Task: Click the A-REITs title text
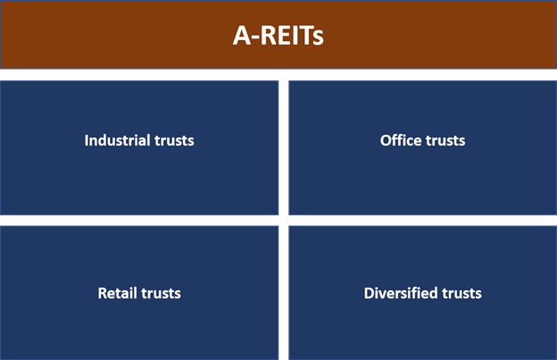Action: click(x=278, y=36)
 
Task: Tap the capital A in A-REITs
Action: click(x=242, y=36)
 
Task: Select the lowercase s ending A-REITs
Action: click(x=319, y=38)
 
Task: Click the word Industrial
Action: click(x=117, y=140)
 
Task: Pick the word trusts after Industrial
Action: click(x=174, y=141)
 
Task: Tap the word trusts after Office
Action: click(x=445, y=141)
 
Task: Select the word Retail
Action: click(x=117, y=293)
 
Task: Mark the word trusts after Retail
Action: click(x=161, y=294)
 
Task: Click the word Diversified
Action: click(x=400, y=293)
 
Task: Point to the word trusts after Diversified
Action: click(x=461, y=294)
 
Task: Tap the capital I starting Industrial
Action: click(x=87, y=140)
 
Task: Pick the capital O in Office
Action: click(x=387, y=140)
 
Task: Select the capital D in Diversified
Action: click(x=370, y=293)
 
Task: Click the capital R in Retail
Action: click(x=103, y=293)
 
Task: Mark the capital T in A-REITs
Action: click(x=305, y=35)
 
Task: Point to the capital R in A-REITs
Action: click(x=270, y=35)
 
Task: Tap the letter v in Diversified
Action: click(x=385, y=295)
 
